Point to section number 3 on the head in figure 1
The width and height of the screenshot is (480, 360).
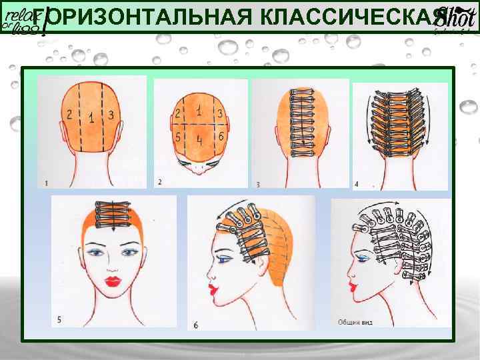click(111, 115)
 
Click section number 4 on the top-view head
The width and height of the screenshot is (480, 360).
click(199, 141)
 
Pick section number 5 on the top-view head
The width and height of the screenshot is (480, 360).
click(179, 136)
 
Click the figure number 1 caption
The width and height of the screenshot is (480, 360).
click(45, 182)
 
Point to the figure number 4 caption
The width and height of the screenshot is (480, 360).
click(356, 183)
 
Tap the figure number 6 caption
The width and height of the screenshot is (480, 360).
click(195, 325)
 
